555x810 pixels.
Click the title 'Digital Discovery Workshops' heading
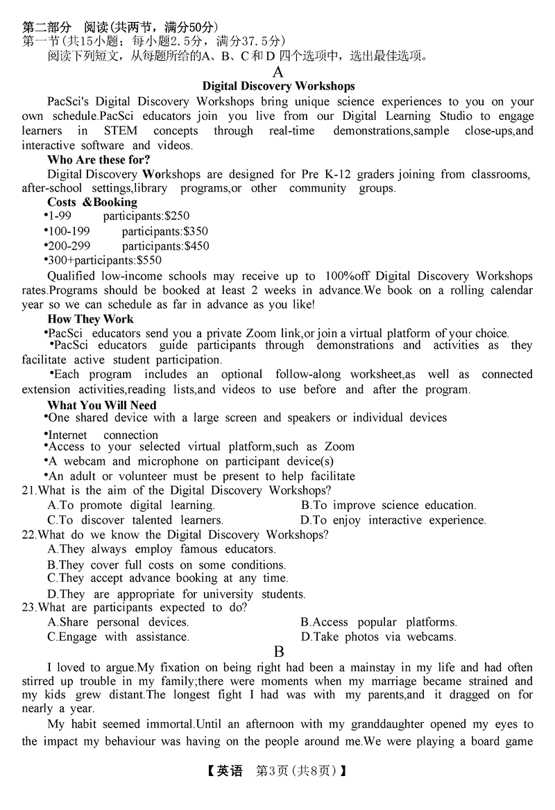pos(278,86)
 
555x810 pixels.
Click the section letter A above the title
pos(278,71)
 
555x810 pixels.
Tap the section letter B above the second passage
pos(279,652)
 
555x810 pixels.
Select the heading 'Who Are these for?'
pos(99,160)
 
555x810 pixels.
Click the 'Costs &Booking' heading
pos(92,203)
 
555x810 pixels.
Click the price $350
pos(196,232)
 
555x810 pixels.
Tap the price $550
pos(149,261)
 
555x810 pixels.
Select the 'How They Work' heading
pos(90,319)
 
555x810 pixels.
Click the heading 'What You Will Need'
pos(102,405)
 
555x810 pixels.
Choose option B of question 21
pos(388,505)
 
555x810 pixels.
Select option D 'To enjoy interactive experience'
pos(393,520)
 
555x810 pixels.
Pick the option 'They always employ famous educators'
pos(152,549)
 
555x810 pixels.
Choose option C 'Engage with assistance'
pos(118,637)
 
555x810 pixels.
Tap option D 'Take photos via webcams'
pos(379,637)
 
